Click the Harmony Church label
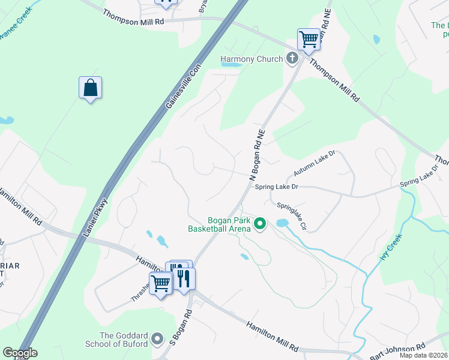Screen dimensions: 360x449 point(252,59)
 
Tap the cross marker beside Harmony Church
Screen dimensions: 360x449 point(292,58)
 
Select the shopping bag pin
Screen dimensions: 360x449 point(90,88)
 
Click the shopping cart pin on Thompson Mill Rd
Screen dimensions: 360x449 point(309,40)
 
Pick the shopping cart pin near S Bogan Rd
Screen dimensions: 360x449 point(160,282)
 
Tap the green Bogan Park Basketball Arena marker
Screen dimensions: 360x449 point(260,224)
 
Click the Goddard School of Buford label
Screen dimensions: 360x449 point(124,340)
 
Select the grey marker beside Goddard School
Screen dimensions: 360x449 point(158,340)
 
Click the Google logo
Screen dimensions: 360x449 point(20,353)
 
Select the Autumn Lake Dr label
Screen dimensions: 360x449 point(314,164)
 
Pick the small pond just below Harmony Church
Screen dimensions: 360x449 point(231,65)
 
